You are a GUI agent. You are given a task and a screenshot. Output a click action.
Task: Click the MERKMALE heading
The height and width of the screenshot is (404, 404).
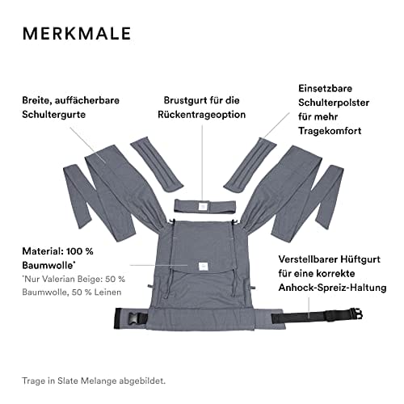[x=77, y=33]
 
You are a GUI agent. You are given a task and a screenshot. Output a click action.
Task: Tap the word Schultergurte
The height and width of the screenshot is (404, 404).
[x=54, y=115]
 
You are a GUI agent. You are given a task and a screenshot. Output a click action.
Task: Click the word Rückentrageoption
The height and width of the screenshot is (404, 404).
[x=202, y=115]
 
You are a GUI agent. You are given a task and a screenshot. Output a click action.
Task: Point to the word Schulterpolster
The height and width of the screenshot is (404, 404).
[x=334, y=103]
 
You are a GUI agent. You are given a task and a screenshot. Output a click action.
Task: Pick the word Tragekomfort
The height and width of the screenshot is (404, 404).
[x=330, y=131]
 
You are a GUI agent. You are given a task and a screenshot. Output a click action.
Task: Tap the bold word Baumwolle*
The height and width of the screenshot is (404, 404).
[x=48, y=265]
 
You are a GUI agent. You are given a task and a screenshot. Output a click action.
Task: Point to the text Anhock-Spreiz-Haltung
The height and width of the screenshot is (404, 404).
[x=333, y=288]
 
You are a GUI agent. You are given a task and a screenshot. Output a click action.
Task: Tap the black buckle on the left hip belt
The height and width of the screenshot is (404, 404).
[x=133, y=318]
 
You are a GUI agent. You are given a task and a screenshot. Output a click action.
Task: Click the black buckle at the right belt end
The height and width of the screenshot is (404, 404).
[x=356, y=314]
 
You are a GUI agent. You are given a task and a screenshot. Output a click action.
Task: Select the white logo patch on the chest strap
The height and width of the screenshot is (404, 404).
[x=203, y=206]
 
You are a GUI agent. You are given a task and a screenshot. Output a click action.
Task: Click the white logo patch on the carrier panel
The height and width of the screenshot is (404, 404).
[x=203, y=266]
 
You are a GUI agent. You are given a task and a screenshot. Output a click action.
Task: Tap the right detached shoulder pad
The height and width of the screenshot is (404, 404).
[x=250, y=165]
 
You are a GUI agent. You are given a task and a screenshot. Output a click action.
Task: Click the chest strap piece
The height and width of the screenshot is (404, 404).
[x=205, y=206]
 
